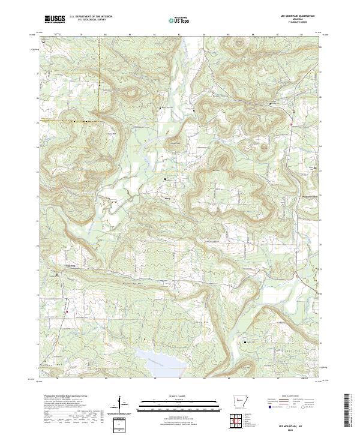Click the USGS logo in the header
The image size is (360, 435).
coord(55,20)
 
